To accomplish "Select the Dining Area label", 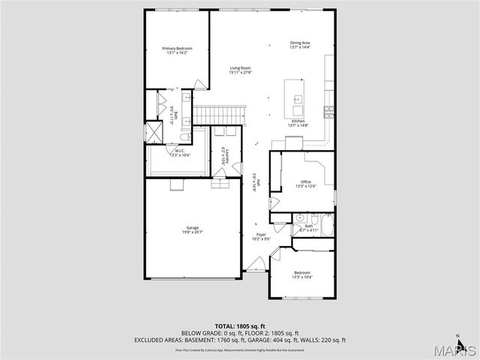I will (x=300, y=44).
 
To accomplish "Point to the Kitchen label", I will (x=298, y=123).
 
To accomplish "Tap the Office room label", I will (x=305, y=183).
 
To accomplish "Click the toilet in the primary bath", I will (x=185, y=137).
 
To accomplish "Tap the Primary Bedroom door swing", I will (x=199, y=84).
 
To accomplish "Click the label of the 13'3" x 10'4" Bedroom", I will (x=301, y=274).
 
